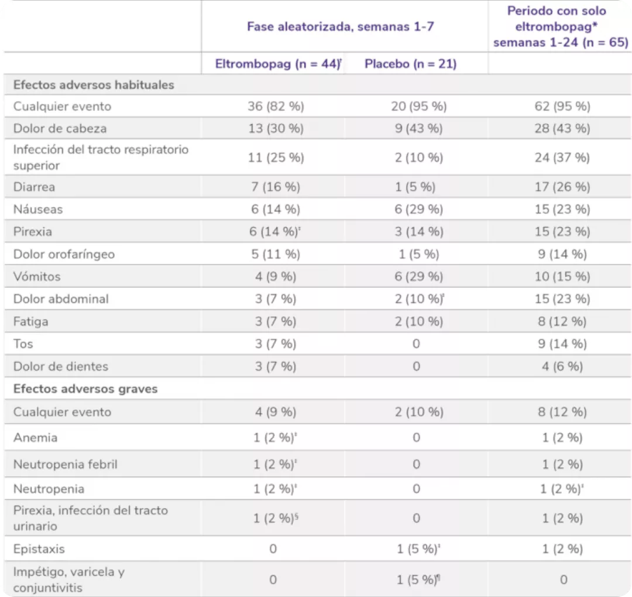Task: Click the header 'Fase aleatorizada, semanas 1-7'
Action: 341,26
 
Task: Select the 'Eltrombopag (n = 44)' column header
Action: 277,64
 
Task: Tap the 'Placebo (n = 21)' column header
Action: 410,64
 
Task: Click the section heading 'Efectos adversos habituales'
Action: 94,84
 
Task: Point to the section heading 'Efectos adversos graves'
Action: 85,389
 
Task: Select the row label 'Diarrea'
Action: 35,187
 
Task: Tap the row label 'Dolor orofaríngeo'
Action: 64,254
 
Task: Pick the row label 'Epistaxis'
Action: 39,549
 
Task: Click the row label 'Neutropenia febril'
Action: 66,464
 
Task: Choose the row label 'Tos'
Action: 23,344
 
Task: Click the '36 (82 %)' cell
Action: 276,107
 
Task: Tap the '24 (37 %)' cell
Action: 562,157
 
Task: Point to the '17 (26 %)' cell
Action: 562,187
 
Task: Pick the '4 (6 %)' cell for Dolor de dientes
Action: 562,366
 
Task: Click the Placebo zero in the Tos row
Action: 416,344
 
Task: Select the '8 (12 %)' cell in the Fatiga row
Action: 562,321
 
